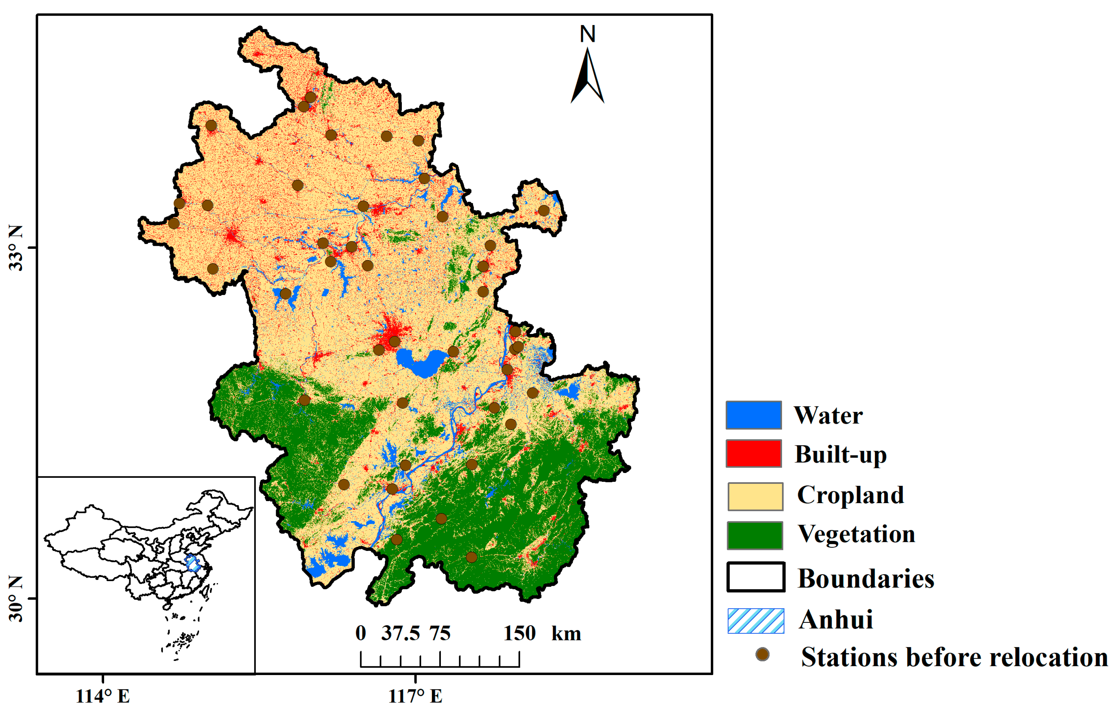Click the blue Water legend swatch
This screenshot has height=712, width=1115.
(x=754, y=415)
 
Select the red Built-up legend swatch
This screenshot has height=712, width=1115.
(x=754, y=453)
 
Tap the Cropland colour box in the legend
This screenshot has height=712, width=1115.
(x=755, y=496)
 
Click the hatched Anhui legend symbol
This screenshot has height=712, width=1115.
(x=755, y=620)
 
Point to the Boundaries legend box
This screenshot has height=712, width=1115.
(x=755, y=577)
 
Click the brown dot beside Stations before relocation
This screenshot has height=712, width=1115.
(x=762, y=654)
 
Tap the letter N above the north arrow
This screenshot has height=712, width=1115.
(x=588, y=34)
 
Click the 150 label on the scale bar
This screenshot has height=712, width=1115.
(x=519, y=633)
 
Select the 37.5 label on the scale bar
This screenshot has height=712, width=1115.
(x=400, y=633)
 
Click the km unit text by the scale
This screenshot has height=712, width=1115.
(x=566, y=633)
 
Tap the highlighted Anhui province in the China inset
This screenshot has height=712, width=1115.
(x=192, y=564)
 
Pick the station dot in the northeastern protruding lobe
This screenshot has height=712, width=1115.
(x=544, y=211)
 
